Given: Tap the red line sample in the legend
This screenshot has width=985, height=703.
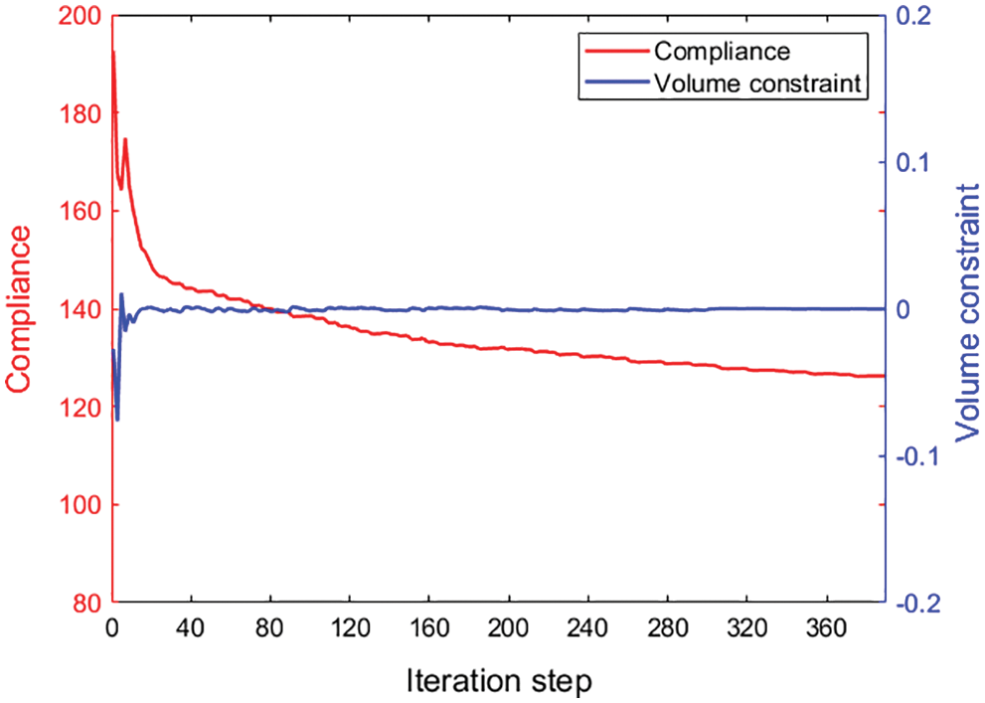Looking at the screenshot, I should [x=611, y=51].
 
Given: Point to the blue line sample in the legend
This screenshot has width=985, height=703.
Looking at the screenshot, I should [x=611, y=84].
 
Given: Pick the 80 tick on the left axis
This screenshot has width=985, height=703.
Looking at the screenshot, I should [x=83, y=604].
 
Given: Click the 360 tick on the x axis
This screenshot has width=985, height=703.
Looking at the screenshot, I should [x=826, y=630].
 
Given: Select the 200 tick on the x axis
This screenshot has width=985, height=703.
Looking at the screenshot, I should [x=508, y=630].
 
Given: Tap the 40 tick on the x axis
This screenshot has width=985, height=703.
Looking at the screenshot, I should [x=190, y=630].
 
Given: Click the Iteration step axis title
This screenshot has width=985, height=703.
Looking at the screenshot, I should [x=499, y=681].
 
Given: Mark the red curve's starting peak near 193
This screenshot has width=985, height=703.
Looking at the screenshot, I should [x=113, y=52].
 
